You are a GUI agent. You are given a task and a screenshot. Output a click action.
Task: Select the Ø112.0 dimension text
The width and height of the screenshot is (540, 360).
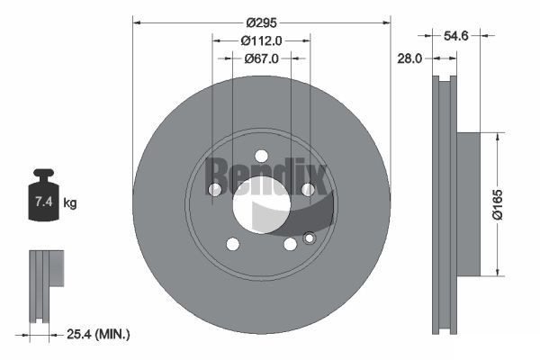click(262, 40)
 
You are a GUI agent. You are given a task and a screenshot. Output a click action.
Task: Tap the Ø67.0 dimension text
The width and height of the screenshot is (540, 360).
click(262, 58)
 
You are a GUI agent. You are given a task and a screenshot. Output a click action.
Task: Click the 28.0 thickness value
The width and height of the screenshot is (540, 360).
click(409, 58)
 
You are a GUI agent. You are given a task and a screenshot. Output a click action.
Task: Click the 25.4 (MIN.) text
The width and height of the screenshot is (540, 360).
click(99, 334)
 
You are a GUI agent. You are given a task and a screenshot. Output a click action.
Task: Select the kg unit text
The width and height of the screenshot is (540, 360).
click(70, 203)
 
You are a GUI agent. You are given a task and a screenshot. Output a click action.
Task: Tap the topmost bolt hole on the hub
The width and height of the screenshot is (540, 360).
click(262, 155)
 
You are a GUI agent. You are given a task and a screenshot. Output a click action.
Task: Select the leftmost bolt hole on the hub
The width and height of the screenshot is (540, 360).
click(215, 189)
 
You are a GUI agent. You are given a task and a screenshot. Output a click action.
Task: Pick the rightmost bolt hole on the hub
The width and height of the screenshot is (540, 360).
click(308, 189)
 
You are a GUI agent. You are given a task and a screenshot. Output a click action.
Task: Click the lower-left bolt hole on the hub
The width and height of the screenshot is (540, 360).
click(233, 244)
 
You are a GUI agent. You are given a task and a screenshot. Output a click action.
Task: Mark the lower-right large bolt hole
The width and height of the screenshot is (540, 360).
click(290, 244)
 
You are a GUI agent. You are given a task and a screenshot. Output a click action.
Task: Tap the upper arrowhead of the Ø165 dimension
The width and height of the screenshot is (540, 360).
click(496, 136)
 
